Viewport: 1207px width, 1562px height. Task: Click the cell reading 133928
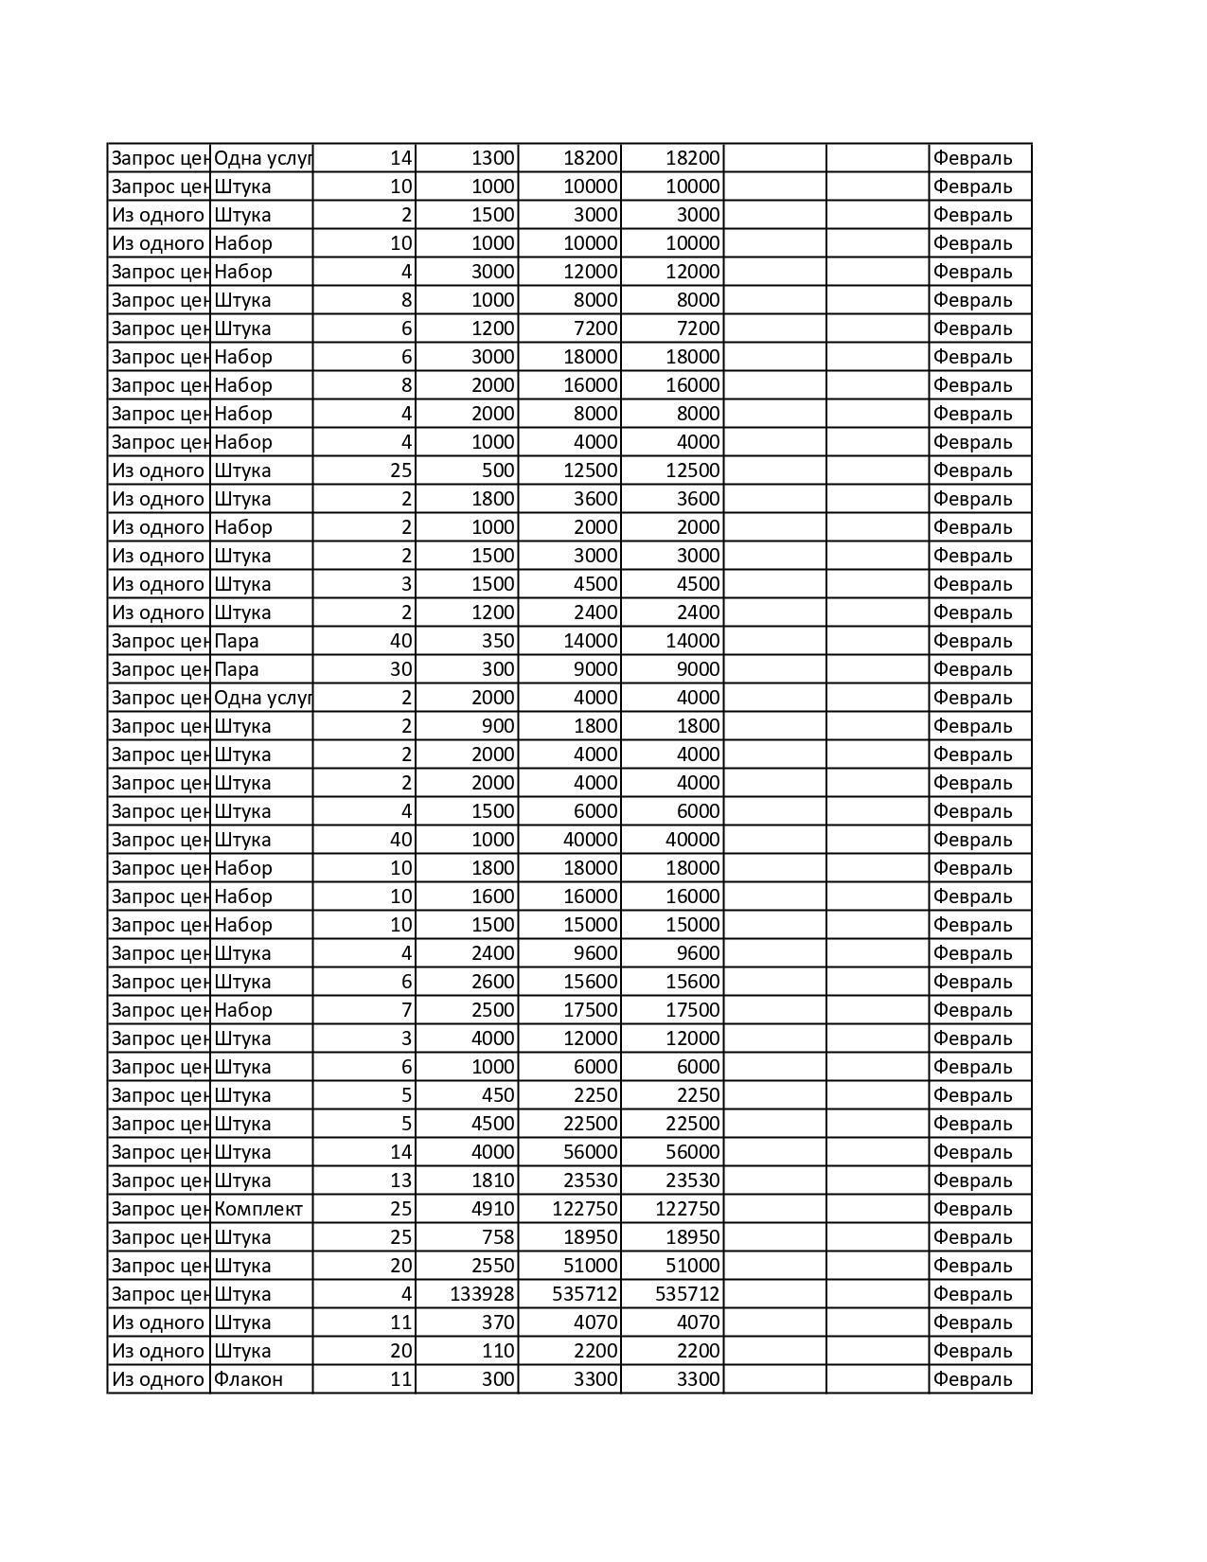click(481, 1294)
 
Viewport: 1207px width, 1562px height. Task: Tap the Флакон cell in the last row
click(248, 1379)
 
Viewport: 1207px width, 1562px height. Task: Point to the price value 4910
click(492, 1209)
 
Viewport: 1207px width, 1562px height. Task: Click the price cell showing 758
click(497, 1237)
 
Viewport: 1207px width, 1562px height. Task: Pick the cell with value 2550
click(492, 1266)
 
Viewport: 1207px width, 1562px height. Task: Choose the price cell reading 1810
click(492, 1180)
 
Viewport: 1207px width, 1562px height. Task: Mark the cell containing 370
click(497, 1322)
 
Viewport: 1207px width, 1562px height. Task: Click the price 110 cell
click(497, 1351)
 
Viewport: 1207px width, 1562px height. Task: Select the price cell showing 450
click(497, 1095)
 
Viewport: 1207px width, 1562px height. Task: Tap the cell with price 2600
click(492, 982)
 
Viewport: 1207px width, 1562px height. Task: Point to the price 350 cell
click(497, 641)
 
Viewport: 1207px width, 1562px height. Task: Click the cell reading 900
click(497, 726)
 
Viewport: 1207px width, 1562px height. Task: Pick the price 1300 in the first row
click(492, 158)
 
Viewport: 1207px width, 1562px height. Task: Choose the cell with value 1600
click(492, 896)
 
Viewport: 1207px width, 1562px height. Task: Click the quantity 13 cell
click(400, 1180)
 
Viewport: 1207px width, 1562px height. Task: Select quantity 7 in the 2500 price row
click(406, 1010)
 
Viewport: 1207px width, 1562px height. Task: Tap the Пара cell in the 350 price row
click(237, 641)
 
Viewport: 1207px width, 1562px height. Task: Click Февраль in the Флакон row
click(972, 1379)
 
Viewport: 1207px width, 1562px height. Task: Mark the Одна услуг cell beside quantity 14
click(261, 158)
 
